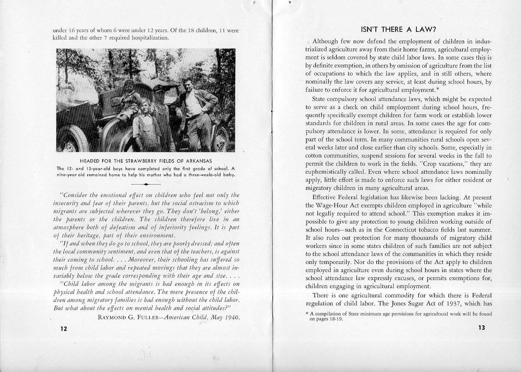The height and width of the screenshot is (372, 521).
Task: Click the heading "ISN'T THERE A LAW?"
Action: (x=398, y=29)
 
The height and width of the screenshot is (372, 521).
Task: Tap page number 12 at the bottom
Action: (x=63, y=329)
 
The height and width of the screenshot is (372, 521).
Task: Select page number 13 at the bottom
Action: (x=482, y=328)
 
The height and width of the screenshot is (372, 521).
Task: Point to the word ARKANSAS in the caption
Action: (x=198, y=161)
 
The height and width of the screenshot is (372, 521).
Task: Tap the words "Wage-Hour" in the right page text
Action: (x=330, y=206)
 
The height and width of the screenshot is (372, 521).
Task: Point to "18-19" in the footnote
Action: (x=336, y=319)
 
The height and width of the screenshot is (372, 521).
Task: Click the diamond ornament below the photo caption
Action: (x=146, y=185)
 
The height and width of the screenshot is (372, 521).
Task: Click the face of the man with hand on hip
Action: (x=188, y=84)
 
